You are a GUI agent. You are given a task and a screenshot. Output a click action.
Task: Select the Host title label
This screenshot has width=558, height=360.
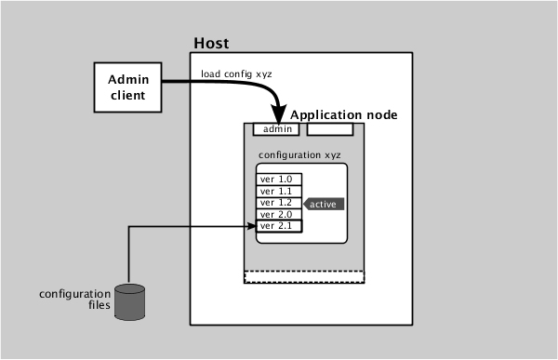point(210,44)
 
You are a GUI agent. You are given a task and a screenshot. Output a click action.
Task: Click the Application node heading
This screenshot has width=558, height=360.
point(344,114)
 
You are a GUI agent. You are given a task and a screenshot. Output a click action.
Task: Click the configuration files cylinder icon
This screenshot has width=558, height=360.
point(130,300)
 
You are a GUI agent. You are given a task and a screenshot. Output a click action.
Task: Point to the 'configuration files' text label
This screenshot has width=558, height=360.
point(74,300)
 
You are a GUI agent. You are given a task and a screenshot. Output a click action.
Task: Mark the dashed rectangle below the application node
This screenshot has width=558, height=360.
point(303,276)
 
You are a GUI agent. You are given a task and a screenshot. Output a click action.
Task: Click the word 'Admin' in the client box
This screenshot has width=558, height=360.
point(128,79)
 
